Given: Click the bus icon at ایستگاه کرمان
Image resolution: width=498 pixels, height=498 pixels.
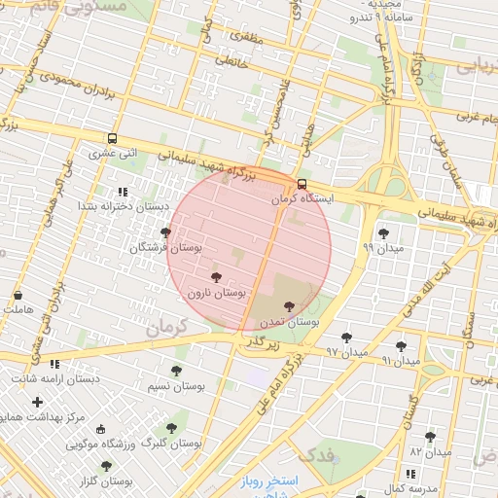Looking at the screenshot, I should tap(302, 184).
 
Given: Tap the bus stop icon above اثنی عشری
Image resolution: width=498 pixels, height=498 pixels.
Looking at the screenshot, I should tap(112, 139).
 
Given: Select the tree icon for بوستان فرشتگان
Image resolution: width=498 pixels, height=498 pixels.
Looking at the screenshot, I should tap(165, 232).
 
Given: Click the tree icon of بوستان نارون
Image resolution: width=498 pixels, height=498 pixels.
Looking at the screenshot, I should tap(216, 277).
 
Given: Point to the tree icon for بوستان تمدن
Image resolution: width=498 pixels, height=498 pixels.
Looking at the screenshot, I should tap(289, 305).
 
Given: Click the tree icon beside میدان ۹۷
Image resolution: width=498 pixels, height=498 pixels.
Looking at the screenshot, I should tap(346, 338).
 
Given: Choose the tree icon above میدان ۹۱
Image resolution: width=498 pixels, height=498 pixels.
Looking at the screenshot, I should tap(401, 345).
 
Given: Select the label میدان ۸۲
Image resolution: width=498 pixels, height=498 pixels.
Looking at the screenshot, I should tap(431, 452).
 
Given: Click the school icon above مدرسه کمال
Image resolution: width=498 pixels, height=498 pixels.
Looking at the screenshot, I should tap(410, 473).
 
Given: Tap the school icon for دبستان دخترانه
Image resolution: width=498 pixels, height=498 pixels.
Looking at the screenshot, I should tap(122, 192).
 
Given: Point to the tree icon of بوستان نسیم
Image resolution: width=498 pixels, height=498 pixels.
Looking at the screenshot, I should tap(176, 371).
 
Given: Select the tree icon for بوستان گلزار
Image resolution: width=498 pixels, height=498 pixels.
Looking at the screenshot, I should tap(106, 466).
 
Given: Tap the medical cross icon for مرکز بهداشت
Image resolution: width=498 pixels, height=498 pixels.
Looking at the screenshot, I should tap(37, 402).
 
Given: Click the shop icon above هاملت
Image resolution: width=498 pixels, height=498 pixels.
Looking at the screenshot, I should tap(18, 295).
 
